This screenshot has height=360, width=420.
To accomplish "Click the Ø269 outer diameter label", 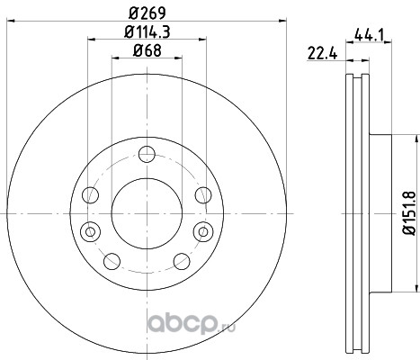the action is click(x=147, y=13).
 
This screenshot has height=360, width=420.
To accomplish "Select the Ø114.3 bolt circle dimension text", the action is click(x=147, y=31).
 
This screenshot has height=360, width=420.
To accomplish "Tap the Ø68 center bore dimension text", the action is click(x=147, y=50).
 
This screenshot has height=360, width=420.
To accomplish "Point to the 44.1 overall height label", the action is click(x=369, y=35).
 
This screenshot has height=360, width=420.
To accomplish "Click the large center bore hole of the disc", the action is click(x=147, y=213).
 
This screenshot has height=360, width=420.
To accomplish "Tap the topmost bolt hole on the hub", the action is click(x=147, y=154).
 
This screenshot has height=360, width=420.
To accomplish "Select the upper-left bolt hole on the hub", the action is click(x=91, y=195).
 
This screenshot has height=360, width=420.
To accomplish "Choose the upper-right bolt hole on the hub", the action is click(x=203, y=195).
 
